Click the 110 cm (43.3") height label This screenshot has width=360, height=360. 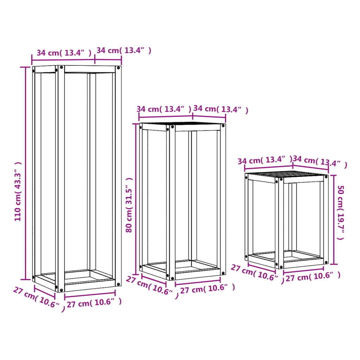pos(18,192)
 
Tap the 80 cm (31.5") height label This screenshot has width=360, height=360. pos(129,205)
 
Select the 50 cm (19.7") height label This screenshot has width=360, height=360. pos(341,213)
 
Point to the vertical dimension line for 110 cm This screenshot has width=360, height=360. pos(25,173)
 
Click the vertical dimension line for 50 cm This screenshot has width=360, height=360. pos(334,220)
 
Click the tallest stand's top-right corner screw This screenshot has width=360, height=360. pos(118,68)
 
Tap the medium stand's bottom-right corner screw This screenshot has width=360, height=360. pos(223,273)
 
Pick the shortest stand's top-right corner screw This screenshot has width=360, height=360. pos(326,177)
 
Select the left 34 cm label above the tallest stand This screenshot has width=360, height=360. pos(64,53)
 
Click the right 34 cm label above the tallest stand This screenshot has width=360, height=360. pos(124,50)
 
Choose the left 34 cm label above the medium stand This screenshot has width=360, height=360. pos(164,109)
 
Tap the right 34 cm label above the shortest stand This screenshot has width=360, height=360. pos(320,161)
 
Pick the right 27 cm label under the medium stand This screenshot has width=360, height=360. pos(207,289)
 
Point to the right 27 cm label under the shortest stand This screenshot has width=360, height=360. pos(313,276)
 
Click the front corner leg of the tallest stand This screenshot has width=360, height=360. pos(60,179)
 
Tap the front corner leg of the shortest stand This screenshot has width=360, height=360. pos(279,223)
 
